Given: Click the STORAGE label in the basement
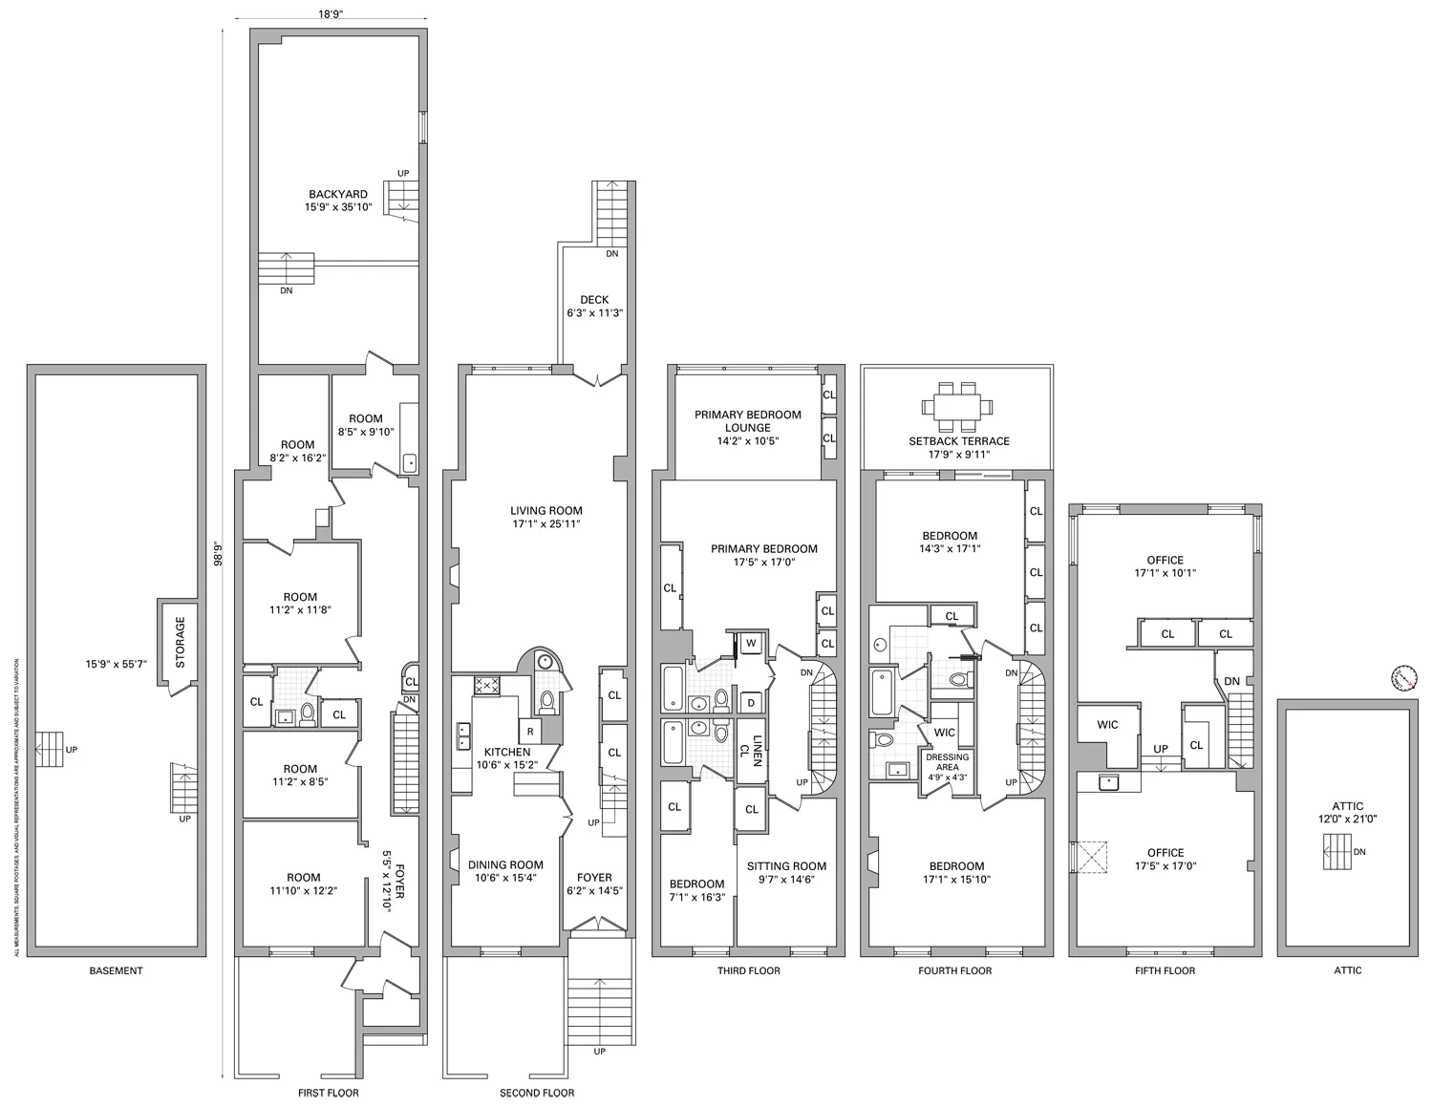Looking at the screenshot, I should (x=180, y=641).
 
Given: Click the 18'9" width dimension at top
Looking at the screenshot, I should (x=331, y=14).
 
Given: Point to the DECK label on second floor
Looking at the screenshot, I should (x=594, y=300).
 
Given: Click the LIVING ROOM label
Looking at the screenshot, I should (x=545, y=511).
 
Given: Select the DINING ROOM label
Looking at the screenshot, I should (x=505, y=865).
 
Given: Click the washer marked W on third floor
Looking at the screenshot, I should (x=751, y=644).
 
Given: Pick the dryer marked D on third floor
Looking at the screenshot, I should (x=751, y=703).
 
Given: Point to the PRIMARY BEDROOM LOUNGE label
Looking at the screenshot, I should (x=747, y=421).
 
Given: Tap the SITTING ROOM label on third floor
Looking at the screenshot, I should (x=786, y=866).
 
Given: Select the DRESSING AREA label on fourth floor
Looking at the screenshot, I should (x=947, y=762).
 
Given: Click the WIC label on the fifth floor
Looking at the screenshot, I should (x=1107, y=725).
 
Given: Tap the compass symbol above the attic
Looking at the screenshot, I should (x=1401, y=677).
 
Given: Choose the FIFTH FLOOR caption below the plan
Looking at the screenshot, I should (x=1165, y=970).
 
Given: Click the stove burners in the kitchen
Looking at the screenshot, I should (x=486, y=684).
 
